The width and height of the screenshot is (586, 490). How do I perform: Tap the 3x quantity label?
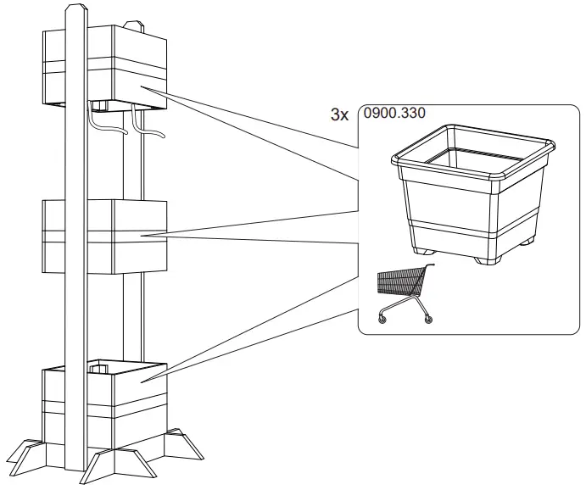[x=338, y=114]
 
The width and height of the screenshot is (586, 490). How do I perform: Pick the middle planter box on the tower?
[x=106, y=236]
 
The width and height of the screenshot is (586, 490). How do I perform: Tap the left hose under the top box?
[x=100, y=126]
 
